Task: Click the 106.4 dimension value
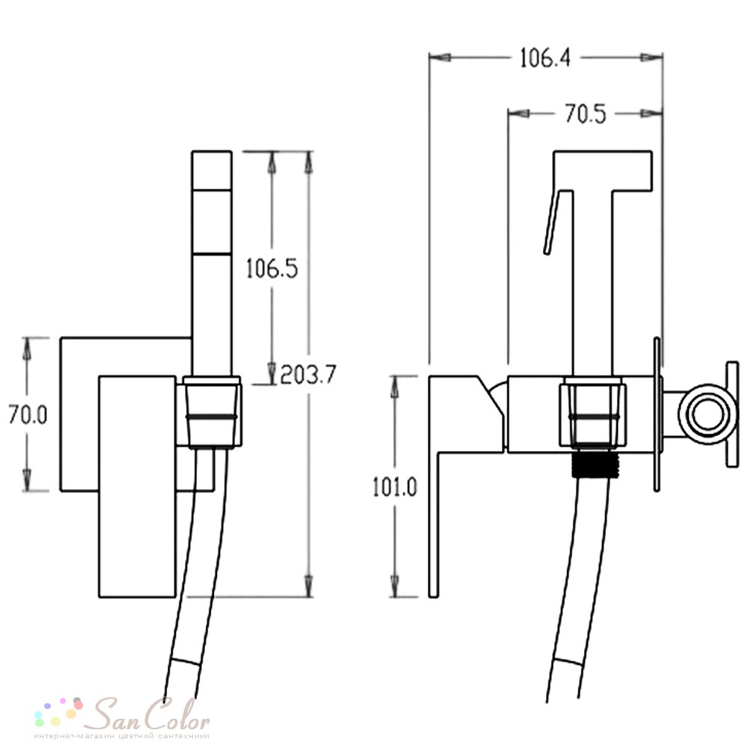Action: pos(545,58)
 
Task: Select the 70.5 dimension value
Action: pos(586,114)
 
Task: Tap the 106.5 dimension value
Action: pos(272,268)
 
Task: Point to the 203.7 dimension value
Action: pos(308,375)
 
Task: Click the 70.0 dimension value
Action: pos(28,414)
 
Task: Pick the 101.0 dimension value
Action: pos(394,487)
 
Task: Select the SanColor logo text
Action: pos(151,714)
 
